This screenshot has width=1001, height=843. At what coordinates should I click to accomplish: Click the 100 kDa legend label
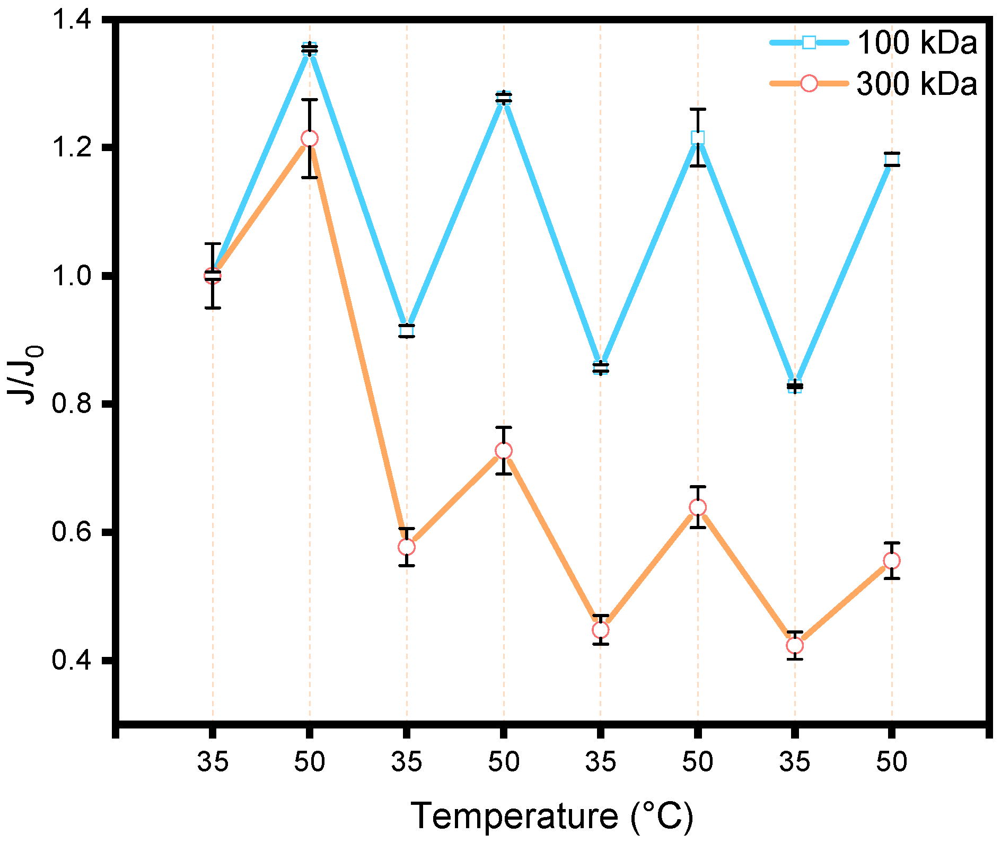click(x=917, y=42)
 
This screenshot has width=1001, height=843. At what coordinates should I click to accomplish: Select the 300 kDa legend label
click(x=917, y=84)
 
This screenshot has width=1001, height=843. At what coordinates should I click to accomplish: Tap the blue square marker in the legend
click(x=809, y=42)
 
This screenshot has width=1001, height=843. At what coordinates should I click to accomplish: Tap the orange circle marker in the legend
click(x=809, y=84)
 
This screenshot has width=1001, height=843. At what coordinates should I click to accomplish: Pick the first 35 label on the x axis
click(x=213, y=762)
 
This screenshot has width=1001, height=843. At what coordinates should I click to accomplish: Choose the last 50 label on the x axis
click(x=892, y=762)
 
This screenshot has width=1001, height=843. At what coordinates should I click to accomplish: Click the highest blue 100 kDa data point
click(x=310, y=49)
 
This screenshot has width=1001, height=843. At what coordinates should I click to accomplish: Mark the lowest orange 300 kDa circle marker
click(x=795, y=646)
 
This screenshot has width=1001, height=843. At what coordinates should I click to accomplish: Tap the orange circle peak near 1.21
click(x=310, y=138)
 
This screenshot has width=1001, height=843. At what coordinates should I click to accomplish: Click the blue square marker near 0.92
click(x=407, y=331)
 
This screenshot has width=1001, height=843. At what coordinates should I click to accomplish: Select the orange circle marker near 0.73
click(x=504, y=451)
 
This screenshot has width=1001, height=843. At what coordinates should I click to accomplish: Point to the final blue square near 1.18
click(x=892, y=159)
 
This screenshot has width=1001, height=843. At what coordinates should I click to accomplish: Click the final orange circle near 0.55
click(x=892, y=561)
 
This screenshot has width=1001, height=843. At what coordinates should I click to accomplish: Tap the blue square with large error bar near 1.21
click(x=698, y=138)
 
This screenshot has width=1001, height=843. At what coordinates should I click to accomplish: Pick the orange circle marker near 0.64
click(x=698, y=508)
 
